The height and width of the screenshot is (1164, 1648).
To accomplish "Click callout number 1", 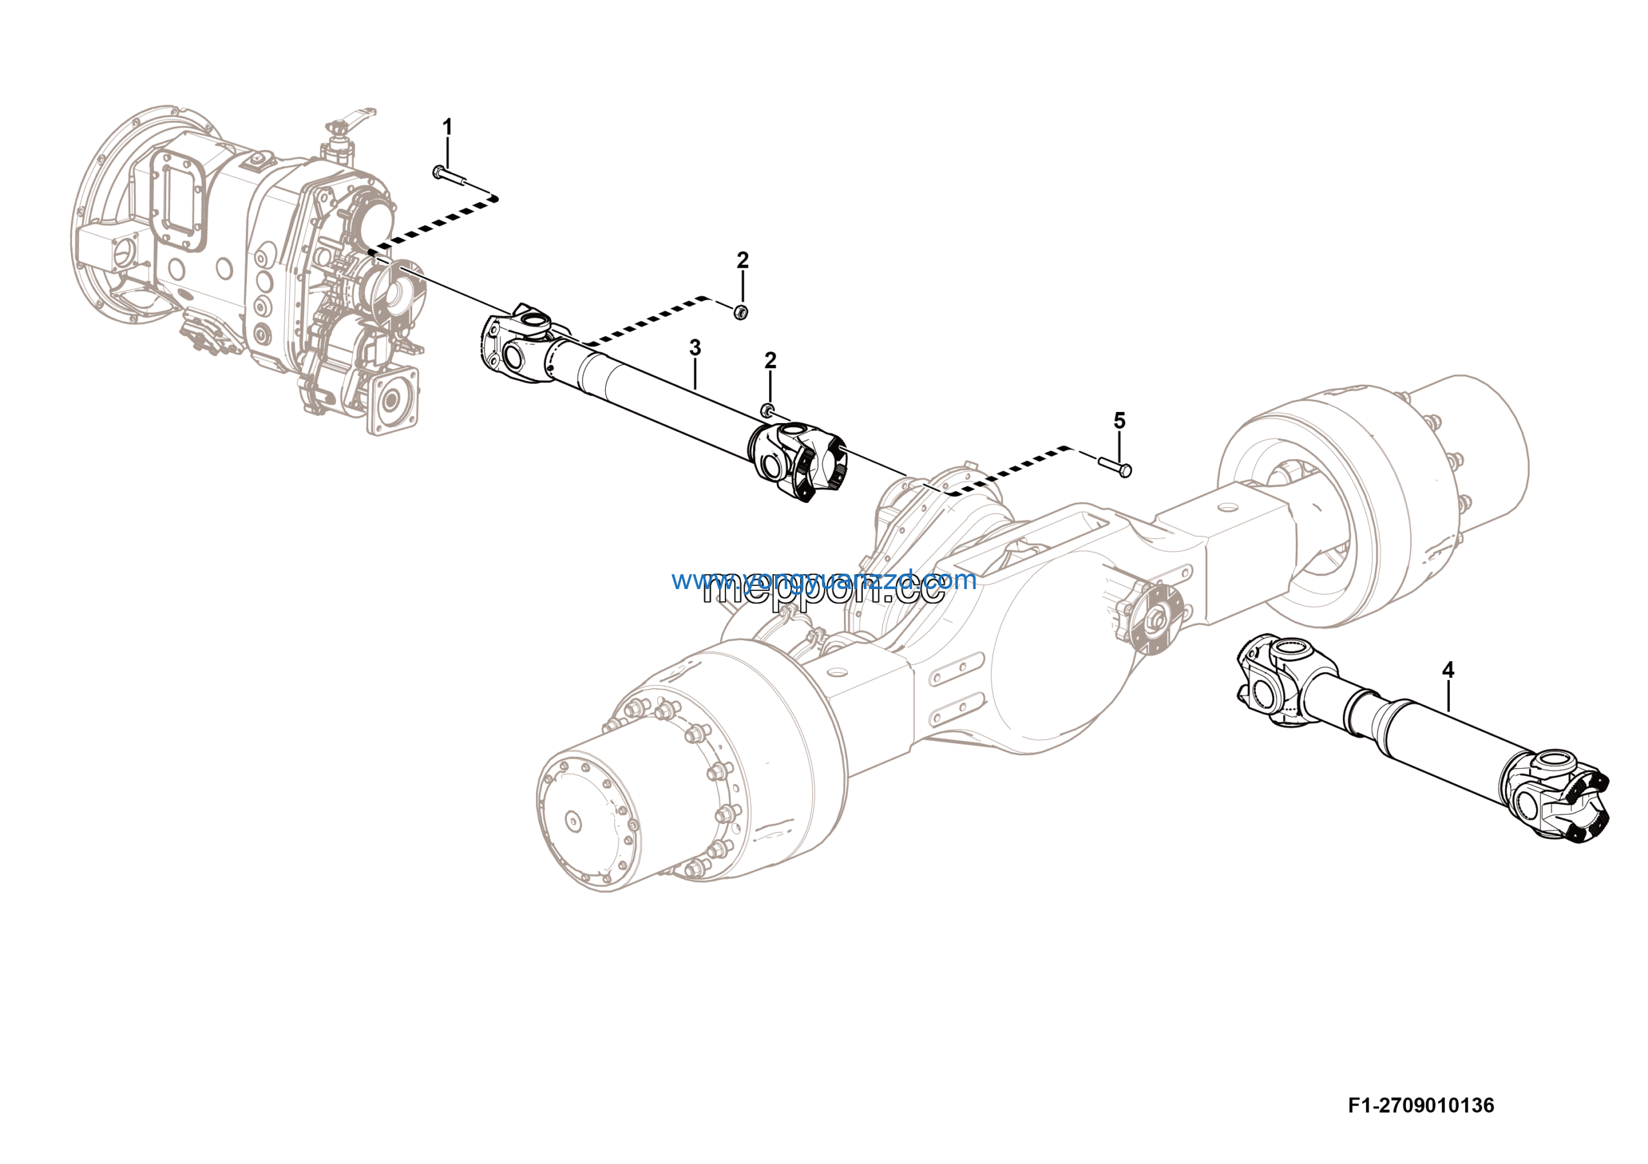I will [447, 127].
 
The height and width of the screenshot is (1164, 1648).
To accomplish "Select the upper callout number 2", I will [743, 261].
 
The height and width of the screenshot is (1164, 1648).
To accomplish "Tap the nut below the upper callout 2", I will [742, 312].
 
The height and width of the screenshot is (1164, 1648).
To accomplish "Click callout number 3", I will [695, 348].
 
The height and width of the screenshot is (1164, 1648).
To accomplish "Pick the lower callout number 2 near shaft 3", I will [770, 361].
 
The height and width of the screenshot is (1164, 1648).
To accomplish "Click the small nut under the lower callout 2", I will [767, 409].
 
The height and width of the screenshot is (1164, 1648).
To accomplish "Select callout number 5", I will [1119, 421].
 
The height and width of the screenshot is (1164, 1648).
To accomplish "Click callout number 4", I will [1448, 670].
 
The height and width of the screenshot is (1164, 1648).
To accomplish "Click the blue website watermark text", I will [824, 580].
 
